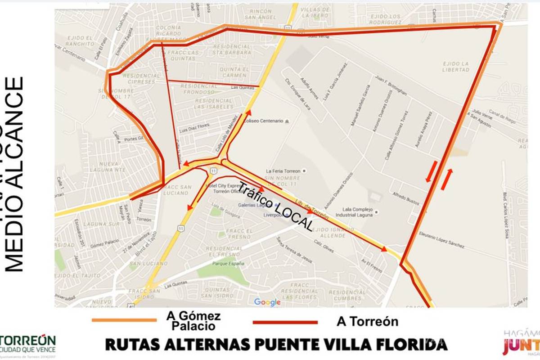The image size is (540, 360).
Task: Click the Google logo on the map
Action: point(267,302)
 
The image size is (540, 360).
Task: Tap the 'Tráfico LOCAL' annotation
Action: point(275,206)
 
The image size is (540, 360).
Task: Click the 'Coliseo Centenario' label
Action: point(263,121)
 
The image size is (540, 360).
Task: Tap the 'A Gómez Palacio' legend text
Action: point(194,321)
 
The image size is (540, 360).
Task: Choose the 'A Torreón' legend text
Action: point(367,321)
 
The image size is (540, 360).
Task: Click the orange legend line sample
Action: point(124,320)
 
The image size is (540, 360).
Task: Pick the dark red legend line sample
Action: point(285,322)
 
